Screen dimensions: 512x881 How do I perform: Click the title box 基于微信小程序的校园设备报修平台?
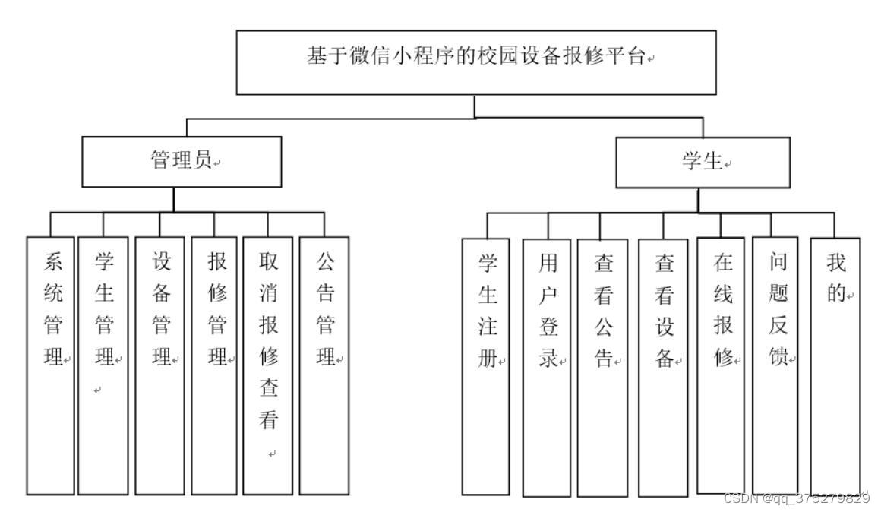[476, 62]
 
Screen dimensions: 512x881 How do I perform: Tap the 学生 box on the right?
[703, 163]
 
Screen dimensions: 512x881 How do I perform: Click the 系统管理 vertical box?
[51, 365]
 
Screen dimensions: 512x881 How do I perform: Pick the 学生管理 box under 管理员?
[103, 365]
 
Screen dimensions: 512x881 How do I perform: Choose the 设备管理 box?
[159, 365]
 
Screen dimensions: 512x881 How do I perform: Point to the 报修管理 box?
[214, 365]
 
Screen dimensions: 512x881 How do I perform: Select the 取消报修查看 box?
[268, 365]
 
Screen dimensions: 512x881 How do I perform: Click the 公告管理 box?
[324, 365]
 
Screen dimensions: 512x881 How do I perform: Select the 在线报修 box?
[722, 365]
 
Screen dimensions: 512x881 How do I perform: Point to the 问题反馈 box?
[775, 365]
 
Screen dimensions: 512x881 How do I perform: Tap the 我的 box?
[835, 365]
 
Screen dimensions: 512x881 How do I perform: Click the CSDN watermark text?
[797, 498]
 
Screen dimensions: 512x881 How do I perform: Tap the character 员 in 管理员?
[202, 161]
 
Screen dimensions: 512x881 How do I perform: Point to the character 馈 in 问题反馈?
[778, 358]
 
